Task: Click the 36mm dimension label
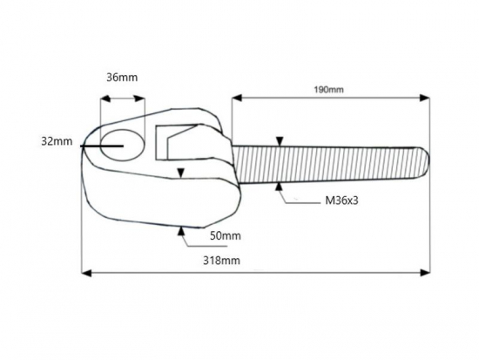(x=122, y=78)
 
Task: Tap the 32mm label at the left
(x=57, y=141)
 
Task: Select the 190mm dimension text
(x=328, y=90)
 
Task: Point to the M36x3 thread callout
(x=341, y=200)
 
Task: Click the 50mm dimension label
(x=226, y=236)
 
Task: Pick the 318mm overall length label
(x=221, y=261)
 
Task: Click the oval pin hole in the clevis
(x=123, y=145)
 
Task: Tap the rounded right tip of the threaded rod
(x=427, y=162)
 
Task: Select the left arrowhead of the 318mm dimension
(x=87, y=273)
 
